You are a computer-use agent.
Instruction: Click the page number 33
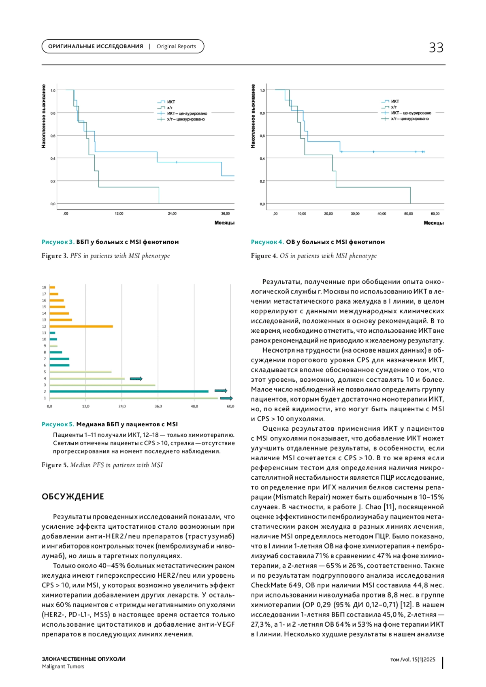pos(436,48)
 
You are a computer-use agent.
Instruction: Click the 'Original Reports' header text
pos(176,47)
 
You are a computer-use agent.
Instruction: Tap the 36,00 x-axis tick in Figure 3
pos(225,213)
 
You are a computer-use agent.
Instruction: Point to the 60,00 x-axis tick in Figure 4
pos(435,213)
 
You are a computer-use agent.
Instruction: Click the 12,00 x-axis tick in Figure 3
pos(119,213)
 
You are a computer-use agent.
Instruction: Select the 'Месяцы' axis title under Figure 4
pos(433,223)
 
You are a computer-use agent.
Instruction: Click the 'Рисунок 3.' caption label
pos(58,242)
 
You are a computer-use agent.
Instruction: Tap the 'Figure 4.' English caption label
pos(264,256)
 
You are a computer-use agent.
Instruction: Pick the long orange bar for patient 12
pos(81,326)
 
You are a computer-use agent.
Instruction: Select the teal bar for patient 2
pos(129,391)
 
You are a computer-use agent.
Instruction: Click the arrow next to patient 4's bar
pos(136,379)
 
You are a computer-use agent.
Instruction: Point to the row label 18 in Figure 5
pos(44,287)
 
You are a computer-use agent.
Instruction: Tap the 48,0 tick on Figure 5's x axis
pos(194,406)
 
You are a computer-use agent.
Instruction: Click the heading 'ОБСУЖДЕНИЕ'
pos(73,497)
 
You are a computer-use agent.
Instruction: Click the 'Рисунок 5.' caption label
pos(58,424)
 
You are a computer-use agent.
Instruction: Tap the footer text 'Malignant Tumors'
pos(63,666)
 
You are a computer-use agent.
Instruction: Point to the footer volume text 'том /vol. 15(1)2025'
pos(413,659)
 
